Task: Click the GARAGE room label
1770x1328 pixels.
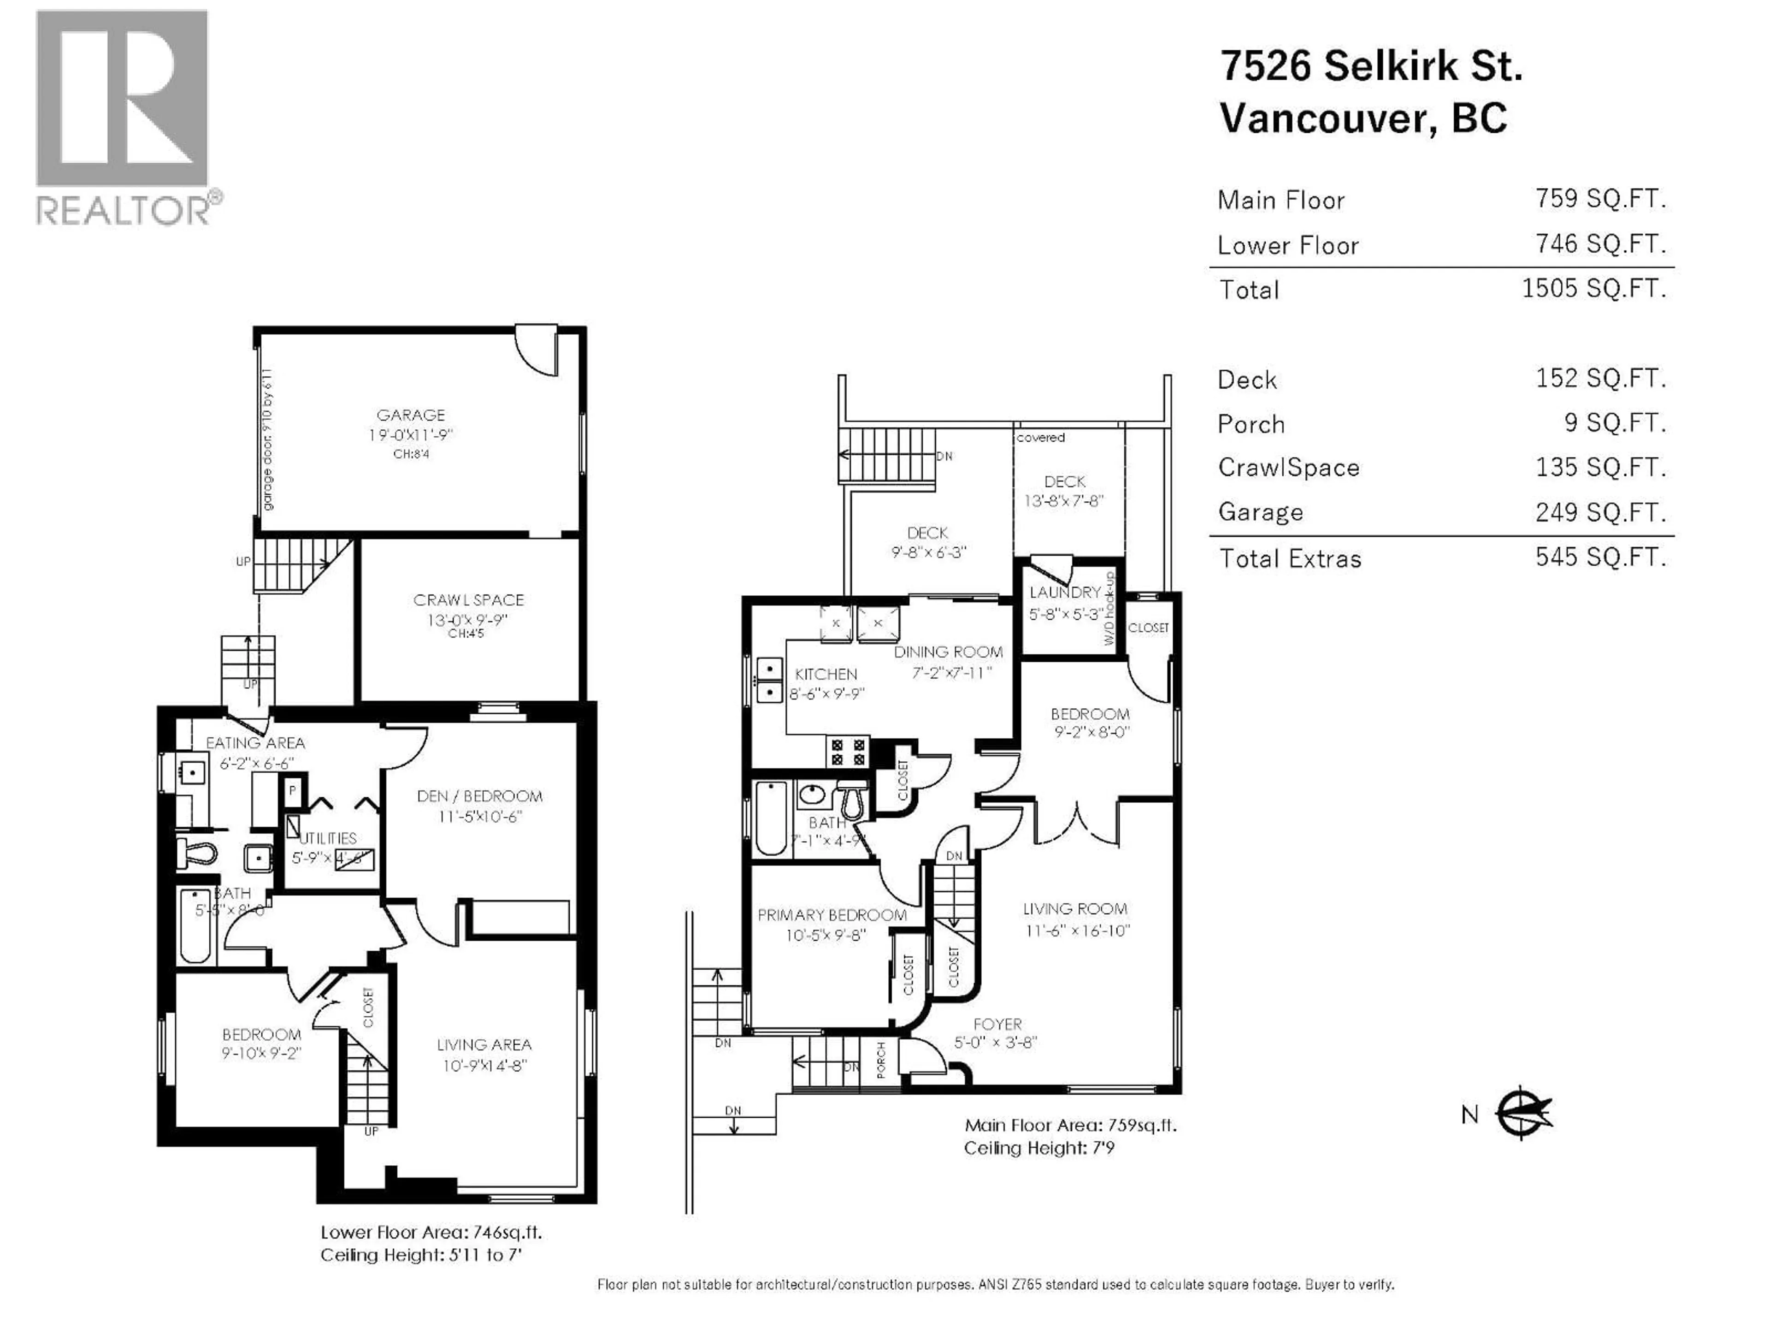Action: [x=411, y=415]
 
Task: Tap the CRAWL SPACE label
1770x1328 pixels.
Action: [x=468, y=599]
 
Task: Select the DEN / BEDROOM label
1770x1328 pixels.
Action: [x=479, y=796]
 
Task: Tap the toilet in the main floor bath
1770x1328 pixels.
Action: [x=850, y=800]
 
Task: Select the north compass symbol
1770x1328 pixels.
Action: [x=1523, y=1113]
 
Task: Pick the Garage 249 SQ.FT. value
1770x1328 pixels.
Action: [x=1599, y=511]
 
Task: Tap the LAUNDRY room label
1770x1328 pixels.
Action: [x=1065, y=593]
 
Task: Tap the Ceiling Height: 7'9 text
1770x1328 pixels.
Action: [x=1038, y=1148]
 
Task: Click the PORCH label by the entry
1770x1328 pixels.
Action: [x=881, y=1059]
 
